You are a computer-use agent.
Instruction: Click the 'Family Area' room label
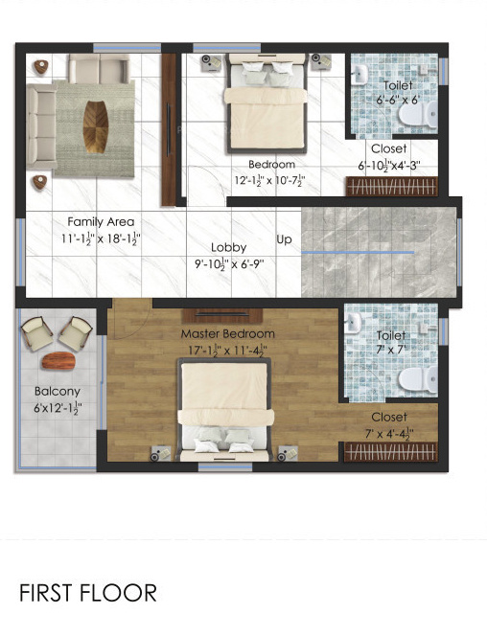point(101,221)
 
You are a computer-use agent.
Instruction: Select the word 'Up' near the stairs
point(284,238)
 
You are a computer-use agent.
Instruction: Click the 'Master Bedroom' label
point(228,333)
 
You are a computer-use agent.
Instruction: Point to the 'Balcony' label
point(58,391)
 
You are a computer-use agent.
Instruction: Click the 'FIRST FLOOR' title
point(88,593)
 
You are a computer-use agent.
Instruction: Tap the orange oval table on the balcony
point(58,361)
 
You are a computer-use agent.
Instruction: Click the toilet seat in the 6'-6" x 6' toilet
point(410,114)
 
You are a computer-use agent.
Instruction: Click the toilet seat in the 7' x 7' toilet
point(411,380)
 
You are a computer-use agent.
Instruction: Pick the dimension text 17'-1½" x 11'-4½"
point(228,350)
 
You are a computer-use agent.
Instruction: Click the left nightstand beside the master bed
point(164,453)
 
